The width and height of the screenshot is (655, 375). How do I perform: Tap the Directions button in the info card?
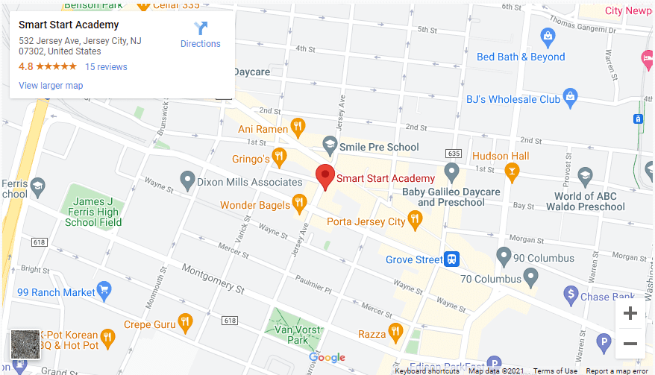point(201,35)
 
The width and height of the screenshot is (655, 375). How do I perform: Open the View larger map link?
point(51,86)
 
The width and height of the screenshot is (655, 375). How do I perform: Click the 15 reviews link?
point(106,66)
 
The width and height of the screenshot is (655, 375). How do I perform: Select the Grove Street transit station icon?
point(452,259)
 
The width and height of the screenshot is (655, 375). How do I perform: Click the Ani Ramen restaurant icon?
point(298,127)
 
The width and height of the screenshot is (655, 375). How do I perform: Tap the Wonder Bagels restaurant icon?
point(299,202)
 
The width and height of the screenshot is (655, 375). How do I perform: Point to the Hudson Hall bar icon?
point(512,173)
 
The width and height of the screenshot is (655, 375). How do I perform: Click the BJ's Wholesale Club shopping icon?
point(571,96)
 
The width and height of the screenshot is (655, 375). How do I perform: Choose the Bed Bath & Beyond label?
point(521,57)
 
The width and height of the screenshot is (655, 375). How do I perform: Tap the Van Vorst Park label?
point(298,334)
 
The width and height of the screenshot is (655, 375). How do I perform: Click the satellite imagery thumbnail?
point(25,345)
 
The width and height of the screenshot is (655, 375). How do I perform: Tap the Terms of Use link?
point(555,371)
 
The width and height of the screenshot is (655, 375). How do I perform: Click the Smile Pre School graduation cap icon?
point(329,144)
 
